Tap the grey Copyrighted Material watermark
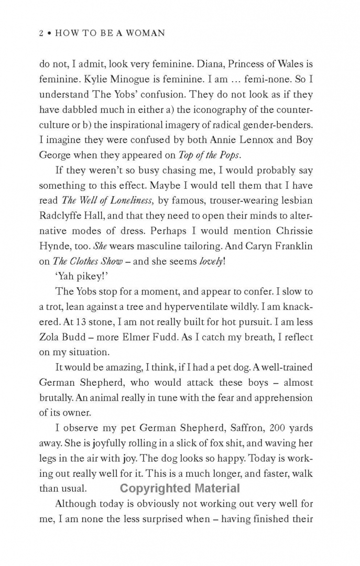click(180, 488)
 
